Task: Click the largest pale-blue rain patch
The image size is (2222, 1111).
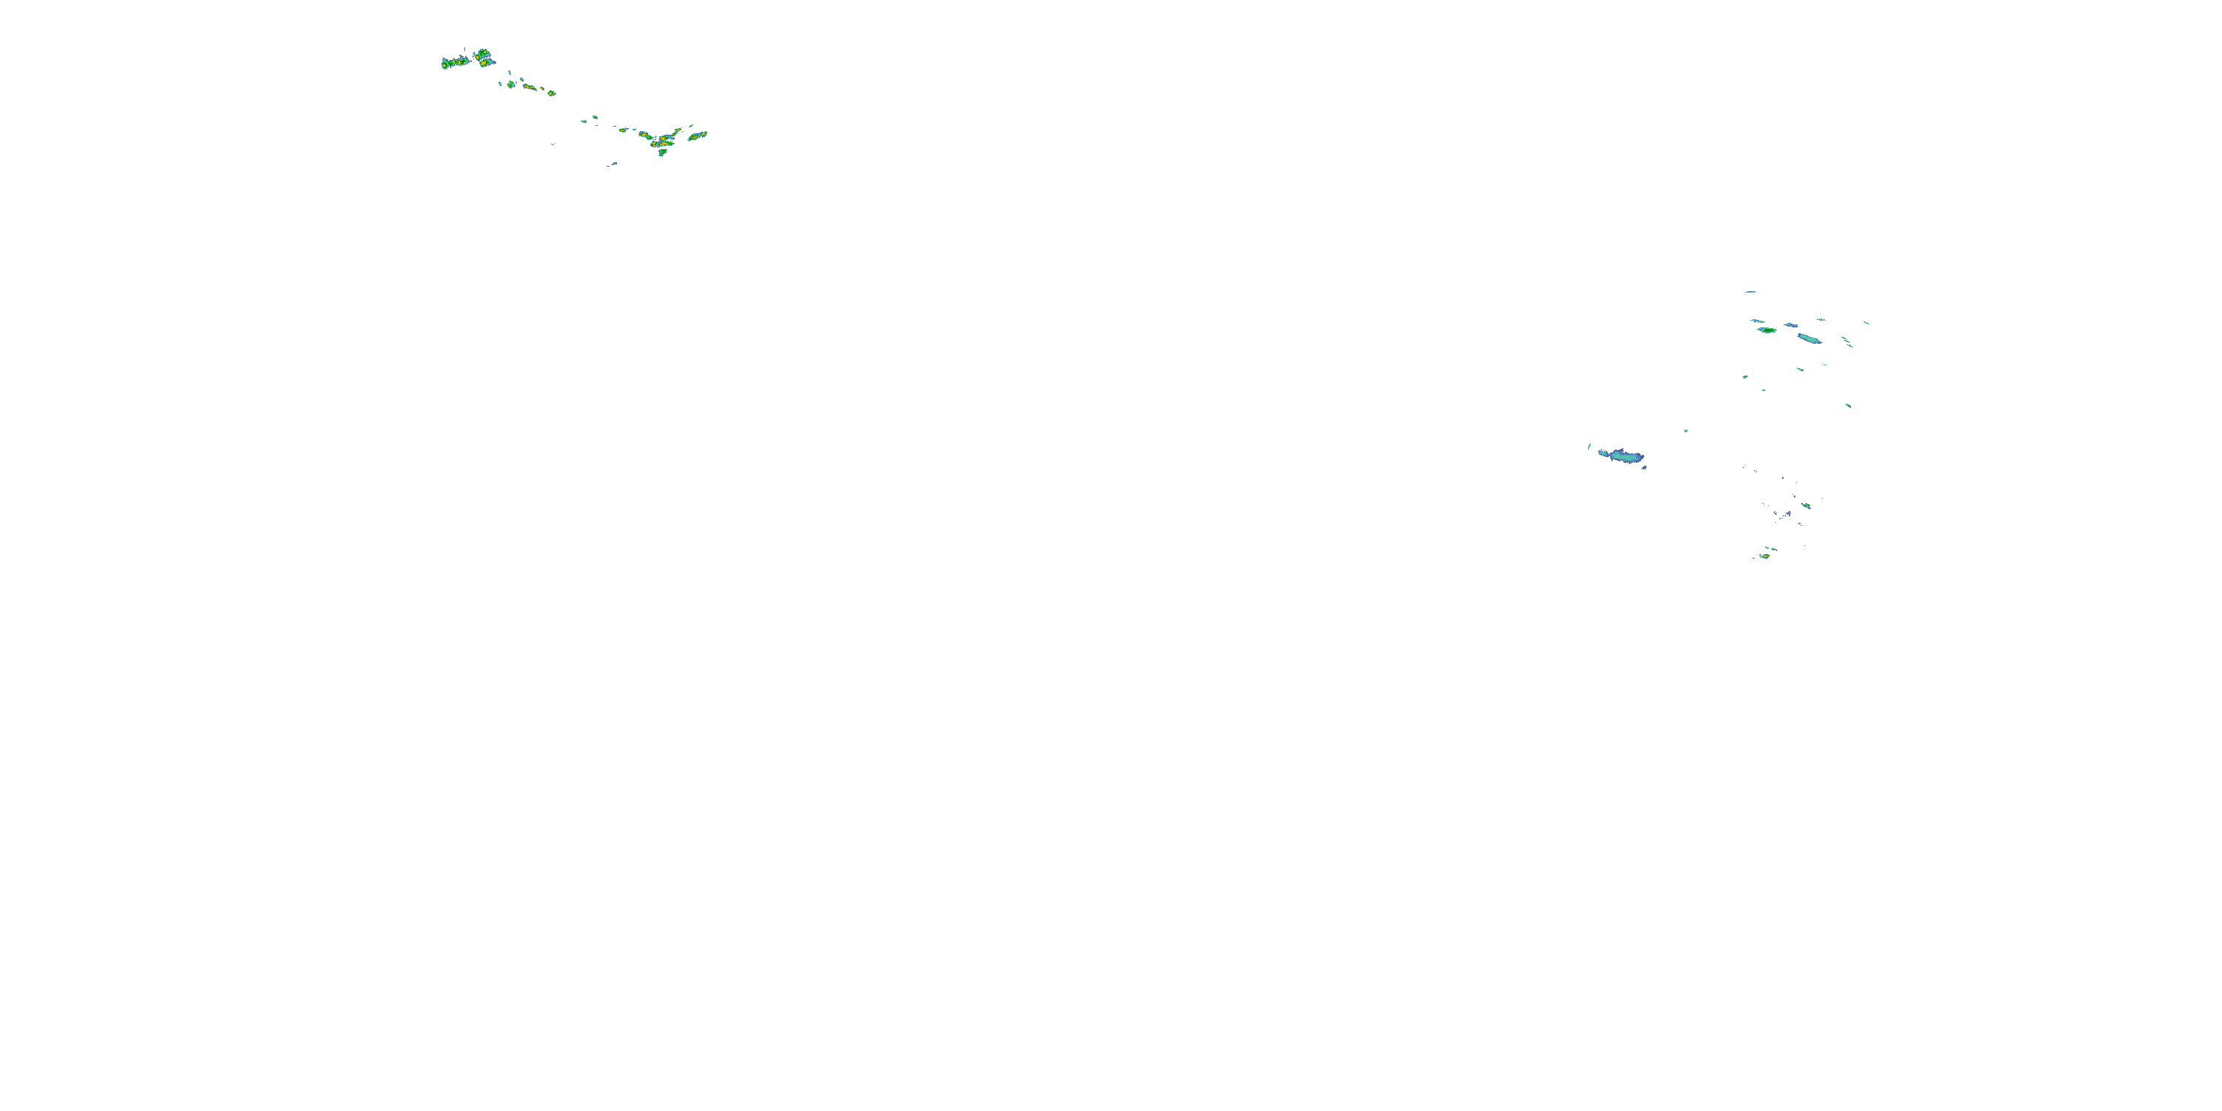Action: pyautogui.click(x=1621, y=456)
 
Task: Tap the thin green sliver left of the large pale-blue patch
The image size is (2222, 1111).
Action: pyautogui.click(x=1589, y=446)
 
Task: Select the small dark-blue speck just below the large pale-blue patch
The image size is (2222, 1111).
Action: pyautogui.click(x=1644, y=467)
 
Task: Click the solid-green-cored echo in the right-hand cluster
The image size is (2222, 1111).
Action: pyautogui.click(x=1766, y=330)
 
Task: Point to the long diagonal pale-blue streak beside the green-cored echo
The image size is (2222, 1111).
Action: pyautogui.click(x=1809, y=338)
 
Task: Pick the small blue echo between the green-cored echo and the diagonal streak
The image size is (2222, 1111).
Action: pyautogui.click(x=1791, y=325)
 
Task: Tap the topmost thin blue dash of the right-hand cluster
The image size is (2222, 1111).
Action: pyautogui.click(x=1750, y=292)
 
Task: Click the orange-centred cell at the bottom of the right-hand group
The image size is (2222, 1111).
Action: pyautogui.click(x=1765, y=556)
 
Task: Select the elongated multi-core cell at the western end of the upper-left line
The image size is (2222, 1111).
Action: pyautogui.click(x=454, y=63)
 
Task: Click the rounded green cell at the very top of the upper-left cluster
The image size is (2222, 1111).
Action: pyautogui.click(x=481, y=53)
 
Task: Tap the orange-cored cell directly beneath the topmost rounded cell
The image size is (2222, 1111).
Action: pyautogui.click(x=486, y=63)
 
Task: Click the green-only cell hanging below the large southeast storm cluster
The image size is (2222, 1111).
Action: pyautogui.click(x=662, y=153)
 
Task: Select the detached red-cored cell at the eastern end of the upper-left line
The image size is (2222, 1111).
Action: pyautogui.click(x=697, y=136)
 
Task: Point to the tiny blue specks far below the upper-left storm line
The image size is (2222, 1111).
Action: pyautogui.click(x=613, y=164)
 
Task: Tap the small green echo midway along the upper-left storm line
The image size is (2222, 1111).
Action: pyautogui.click(x=594, y=117)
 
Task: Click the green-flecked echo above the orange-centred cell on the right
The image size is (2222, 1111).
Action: pyautogui.click(x=1806, y=505)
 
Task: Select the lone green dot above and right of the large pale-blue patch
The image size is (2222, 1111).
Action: pyautogui.click(x=1686, y=430)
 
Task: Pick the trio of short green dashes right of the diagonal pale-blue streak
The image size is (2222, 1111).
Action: pyautogui.click(x=1846, y=341)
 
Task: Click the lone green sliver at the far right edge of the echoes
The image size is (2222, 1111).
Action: pyautogui.click(x=1866, y=323)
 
